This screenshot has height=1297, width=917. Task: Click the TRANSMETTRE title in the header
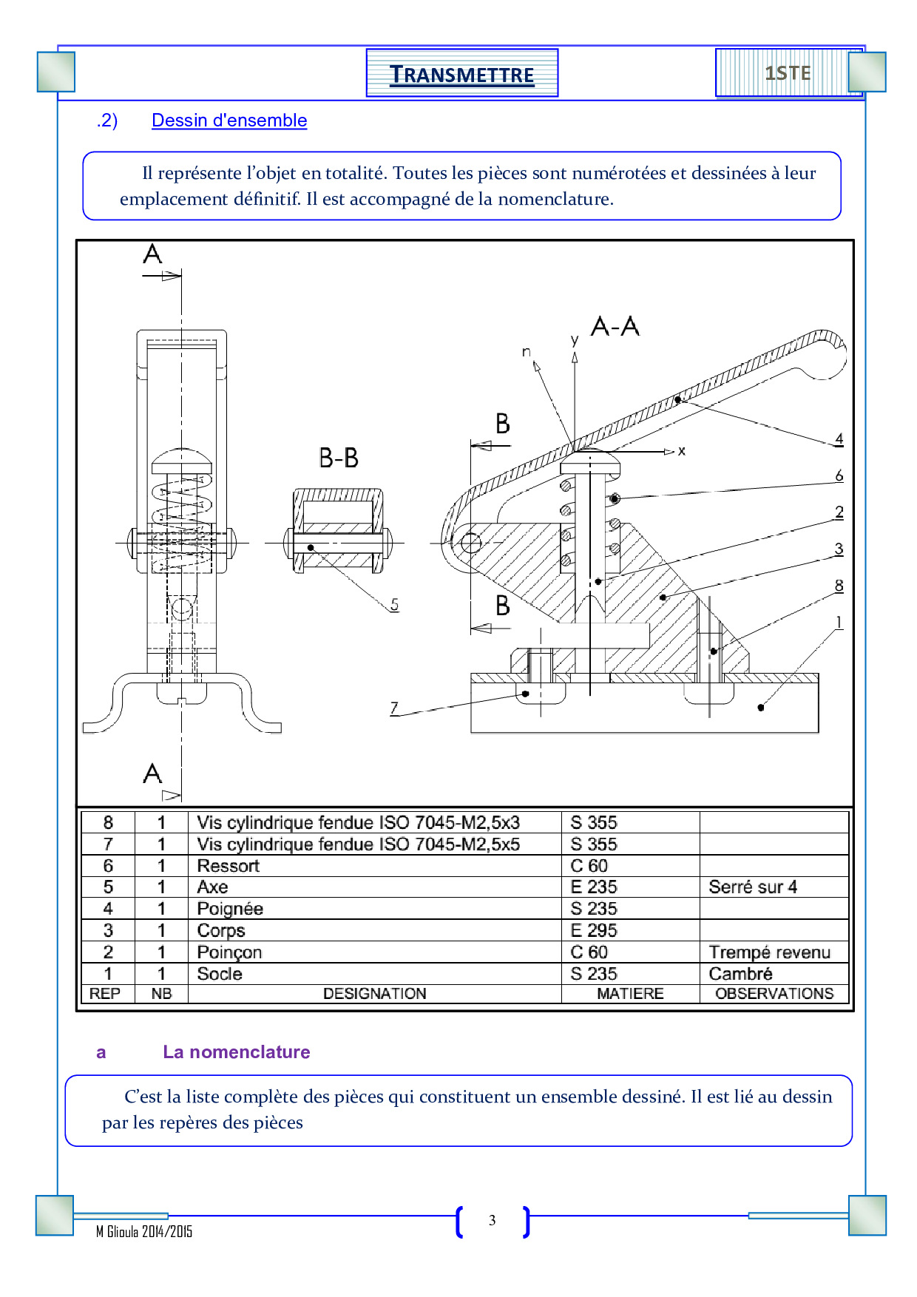pos(461,75)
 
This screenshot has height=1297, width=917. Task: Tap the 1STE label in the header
pos(788,73)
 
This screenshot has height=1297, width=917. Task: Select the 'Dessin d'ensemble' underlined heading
pos(229,121)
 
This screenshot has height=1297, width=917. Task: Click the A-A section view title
pos(615,326)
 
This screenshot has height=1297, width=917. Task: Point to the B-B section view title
pos(339,458)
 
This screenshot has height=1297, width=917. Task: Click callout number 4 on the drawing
pos(839,438)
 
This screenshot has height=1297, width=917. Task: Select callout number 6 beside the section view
pos(839,475)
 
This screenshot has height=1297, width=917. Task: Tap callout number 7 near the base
pos(394,708)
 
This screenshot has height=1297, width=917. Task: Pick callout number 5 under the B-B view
pos(394,605)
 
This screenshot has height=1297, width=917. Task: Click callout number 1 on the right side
pos(839,622)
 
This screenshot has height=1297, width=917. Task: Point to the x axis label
pos(682,450)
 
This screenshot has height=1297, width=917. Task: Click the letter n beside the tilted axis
pos(526,351)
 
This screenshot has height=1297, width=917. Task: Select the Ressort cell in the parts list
pos(229,866)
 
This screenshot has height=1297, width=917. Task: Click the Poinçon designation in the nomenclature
pos(229,952)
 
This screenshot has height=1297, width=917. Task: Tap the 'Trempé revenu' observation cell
pos(769,952)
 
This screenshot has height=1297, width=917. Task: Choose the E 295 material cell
pos(593,930)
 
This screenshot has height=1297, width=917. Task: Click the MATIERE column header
pos(630,994)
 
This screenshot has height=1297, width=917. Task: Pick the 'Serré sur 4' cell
pos(753,887)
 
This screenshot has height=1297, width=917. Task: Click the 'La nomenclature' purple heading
pos(237,1052)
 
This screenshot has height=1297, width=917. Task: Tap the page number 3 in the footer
pos(493,1221)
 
